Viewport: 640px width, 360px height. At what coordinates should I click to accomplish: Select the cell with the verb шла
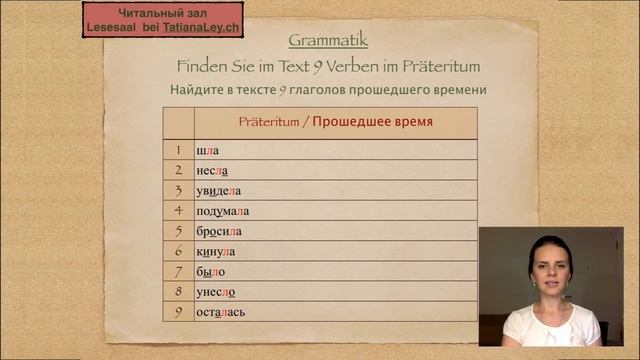click(207, 150)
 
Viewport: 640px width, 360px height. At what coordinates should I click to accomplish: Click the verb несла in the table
click(212, 171)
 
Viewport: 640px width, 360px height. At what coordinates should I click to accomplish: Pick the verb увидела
click(219, 191)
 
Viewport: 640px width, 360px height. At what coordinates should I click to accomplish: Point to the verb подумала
click(222, 211)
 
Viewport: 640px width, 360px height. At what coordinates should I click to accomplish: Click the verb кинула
click(215, 251)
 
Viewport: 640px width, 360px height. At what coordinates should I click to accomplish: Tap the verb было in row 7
click(210, 271)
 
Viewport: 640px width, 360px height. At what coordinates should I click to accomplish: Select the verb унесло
click(215, 292)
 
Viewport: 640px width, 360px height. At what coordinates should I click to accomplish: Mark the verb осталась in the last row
click(220, 312)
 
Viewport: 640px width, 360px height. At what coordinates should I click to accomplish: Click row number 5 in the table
click(178, 231)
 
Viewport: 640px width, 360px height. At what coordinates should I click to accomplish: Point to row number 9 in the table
click(178, 312)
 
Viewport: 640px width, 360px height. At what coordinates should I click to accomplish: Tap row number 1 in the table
click(178, 150)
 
